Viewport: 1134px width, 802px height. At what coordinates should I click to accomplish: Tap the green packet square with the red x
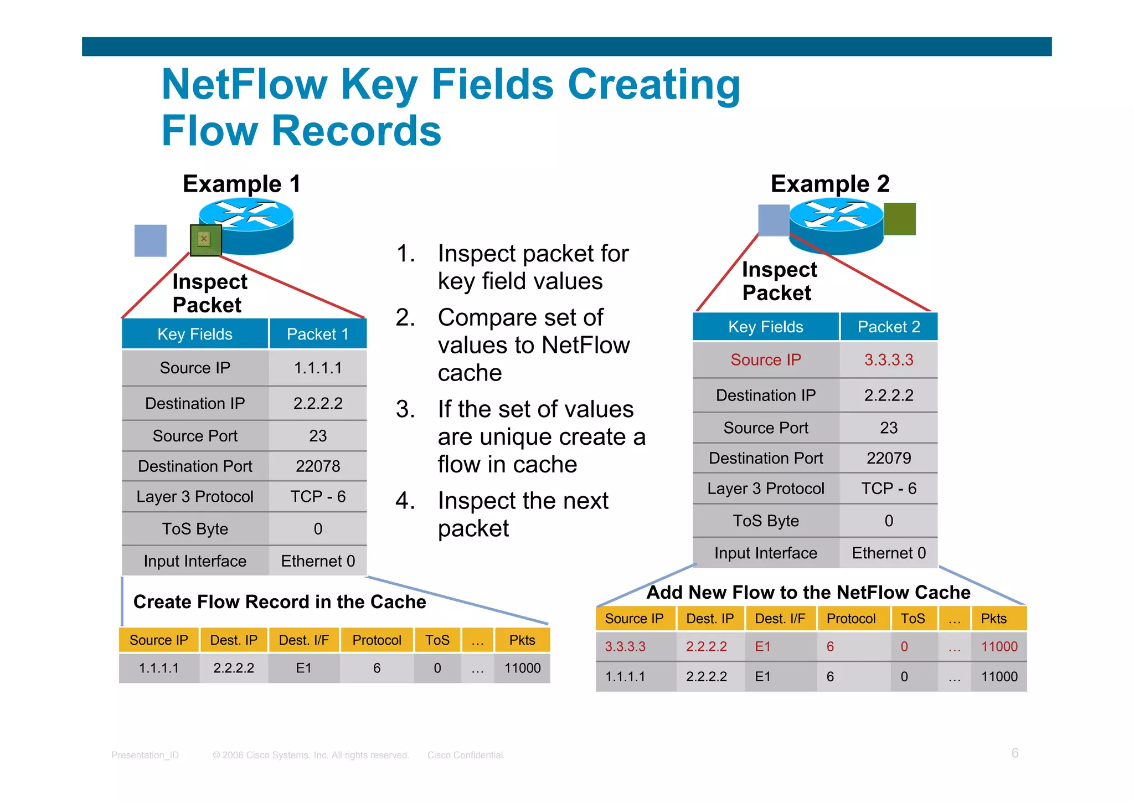pyautogui.click(x=205, y=240)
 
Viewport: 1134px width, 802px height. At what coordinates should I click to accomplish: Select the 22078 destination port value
pyautogui.click(x=318, y=466)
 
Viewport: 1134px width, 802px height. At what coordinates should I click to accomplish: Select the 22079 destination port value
pyautogui.click(x=889, y=458)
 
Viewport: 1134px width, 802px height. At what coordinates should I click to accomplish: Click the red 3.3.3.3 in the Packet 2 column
pyautogui.click(x=889, y=360)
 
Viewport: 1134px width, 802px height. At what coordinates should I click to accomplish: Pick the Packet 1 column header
pyautogui.click(x=318, y=334)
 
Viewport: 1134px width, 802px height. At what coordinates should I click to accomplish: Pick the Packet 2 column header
pyautogui.click(x=889, y=327)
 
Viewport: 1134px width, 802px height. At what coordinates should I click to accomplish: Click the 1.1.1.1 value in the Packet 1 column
pyautogui.click(x=318, y=368)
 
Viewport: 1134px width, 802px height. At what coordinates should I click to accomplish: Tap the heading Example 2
pyautogui.click(x=829, y=184)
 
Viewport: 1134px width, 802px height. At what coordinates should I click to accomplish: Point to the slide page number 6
pyautogui.click(x=1015, y=753)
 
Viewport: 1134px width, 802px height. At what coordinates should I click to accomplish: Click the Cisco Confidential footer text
pyautogui.click(x=465, y=755)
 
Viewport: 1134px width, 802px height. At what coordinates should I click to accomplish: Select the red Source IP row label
pyautogui.click(x=766, y=360)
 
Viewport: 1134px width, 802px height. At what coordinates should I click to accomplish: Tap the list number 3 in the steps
pyautogui.click(x=405, y=409)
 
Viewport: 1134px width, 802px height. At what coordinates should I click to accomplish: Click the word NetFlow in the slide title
pyautogui.click(x=244, y=84)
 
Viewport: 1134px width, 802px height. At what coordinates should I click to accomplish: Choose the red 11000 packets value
pyautogui.click(x=999, y=646)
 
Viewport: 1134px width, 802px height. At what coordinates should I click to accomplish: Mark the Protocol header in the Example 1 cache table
pyautogui.click(x=377, y=640)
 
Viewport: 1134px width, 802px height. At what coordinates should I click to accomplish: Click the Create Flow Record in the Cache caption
pyautogui.click(x=280, y=602)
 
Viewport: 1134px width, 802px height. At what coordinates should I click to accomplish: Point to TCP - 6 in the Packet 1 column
pyautogui.click(x=318, y=496)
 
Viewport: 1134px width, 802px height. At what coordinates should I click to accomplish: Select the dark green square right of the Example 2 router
pyautogui.click(x=900, y=219)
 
